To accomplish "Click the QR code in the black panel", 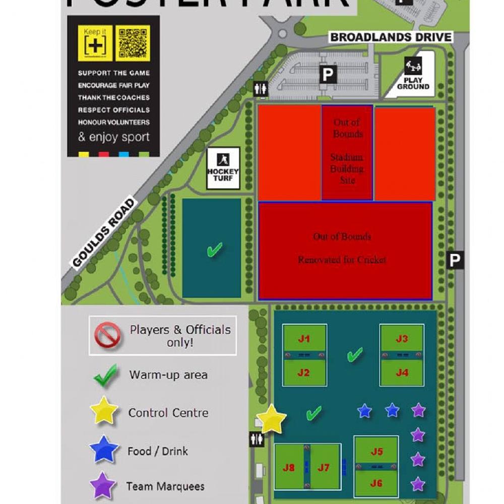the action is [x=133, y=43].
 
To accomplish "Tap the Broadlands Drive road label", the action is [x=391, y=37].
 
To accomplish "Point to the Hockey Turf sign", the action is [x=223, y=168].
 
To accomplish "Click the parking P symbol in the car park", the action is [x=328, y=75].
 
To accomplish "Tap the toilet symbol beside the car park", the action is [x=261, y=88].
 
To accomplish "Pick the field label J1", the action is [x=304, y=339].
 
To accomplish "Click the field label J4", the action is [x=402, y=373].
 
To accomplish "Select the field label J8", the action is [x=289, y=468].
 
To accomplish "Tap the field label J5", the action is [x=376, y=452].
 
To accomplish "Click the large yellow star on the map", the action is [x=271, y=419].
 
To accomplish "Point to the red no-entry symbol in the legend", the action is [x=108, y=336].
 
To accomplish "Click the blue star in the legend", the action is [x=104, y=450].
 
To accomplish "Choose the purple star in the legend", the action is [x=103, y=486].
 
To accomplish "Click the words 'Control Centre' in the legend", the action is [x=168, y=413].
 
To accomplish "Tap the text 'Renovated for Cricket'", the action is [x=342, y=260].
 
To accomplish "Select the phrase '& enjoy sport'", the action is [x=114, y=137].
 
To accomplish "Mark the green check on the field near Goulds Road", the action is [x=215, y=249].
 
